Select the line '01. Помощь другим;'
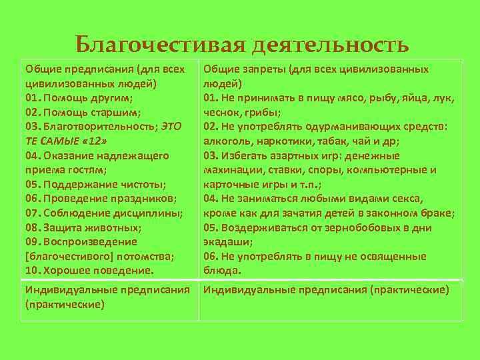click(78, 97)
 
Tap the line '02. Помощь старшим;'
click(82, 112)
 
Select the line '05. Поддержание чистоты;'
click(87, 184)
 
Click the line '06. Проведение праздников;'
click(91, 199)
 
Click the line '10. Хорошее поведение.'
click(89, 271)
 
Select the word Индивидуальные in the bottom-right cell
click(244, 289)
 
